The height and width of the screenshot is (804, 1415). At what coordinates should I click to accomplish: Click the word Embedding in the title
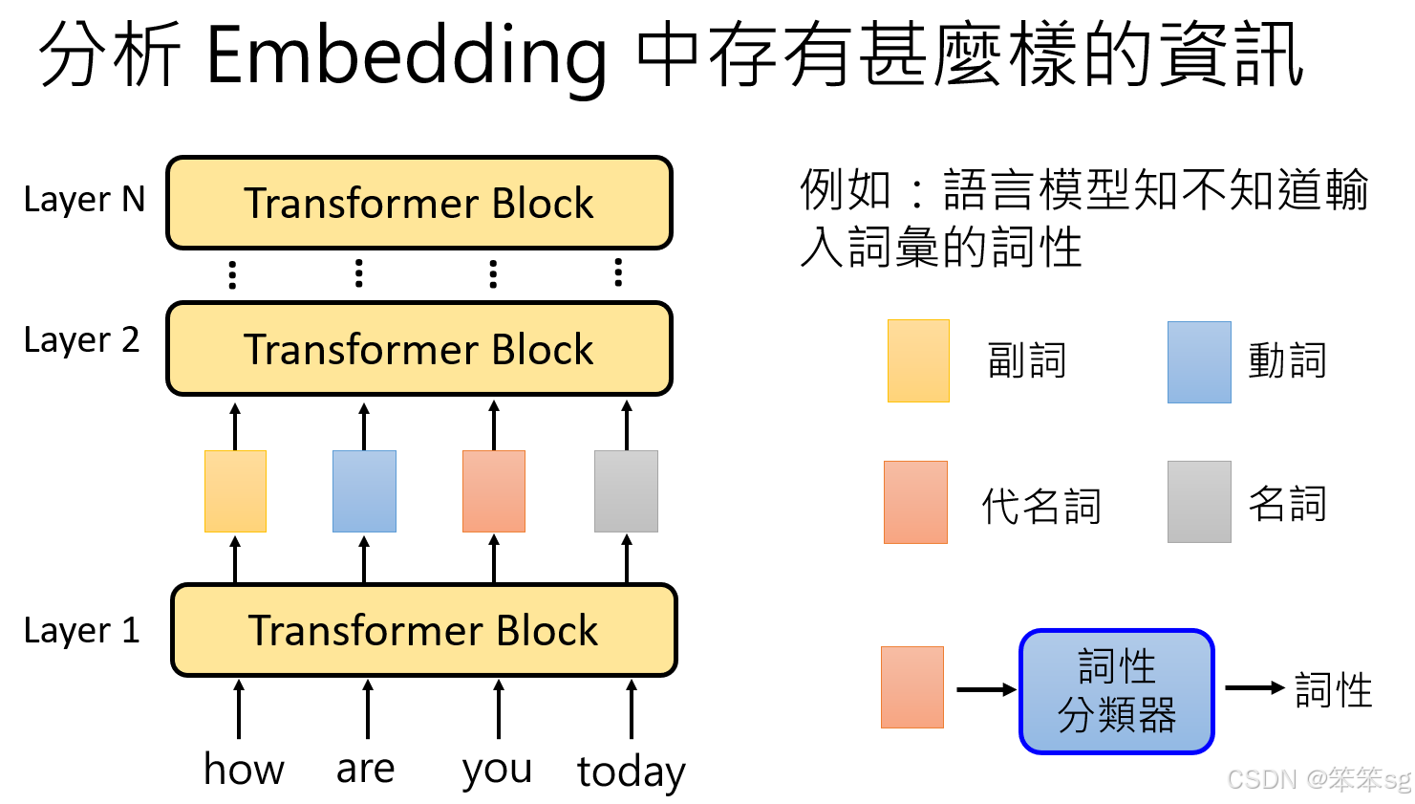(x=406, y=55)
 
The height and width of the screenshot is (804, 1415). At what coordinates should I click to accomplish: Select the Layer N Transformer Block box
(x=419, y=203)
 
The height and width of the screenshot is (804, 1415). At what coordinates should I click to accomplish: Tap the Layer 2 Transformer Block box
(x=419, y=349)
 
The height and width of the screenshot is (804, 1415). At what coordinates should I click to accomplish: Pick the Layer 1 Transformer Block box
(x=423, y=630)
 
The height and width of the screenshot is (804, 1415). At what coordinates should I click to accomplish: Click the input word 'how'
(x=244, y=769)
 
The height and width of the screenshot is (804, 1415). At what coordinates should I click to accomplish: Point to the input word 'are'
(x=365, y=769)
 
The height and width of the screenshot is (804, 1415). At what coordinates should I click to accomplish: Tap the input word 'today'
(x=631, y=771)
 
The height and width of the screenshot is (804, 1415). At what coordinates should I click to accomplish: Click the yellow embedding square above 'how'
(x=235, y=491)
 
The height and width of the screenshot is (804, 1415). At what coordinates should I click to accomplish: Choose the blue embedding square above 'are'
(x=364, y=491)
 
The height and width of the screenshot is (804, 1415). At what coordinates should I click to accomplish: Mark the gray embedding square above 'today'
(x=626, y=491)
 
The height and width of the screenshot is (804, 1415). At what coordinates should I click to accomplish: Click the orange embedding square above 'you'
(x=494, y=491)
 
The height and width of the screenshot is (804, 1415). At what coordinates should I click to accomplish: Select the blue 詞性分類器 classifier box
(x=1116, y=691)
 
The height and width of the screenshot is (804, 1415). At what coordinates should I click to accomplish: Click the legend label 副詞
(x=1026, y=361)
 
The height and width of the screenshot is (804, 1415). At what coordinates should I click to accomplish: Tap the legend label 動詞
(x=1287, y=361)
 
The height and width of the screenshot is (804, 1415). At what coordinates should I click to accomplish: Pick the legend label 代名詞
(x=1041, y=506)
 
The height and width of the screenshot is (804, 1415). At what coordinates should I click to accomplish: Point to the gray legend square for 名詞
(x=1199, y=502)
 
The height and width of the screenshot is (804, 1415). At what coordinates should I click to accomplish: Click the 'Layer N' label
(x=84, y=199)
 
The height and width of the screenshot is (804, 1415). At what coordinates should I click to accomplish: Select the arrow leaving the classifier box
(x=1254, y=688)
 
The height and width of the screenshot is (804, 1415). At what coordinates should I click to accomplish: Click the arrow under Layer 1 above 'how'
(x=239, y=708)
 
